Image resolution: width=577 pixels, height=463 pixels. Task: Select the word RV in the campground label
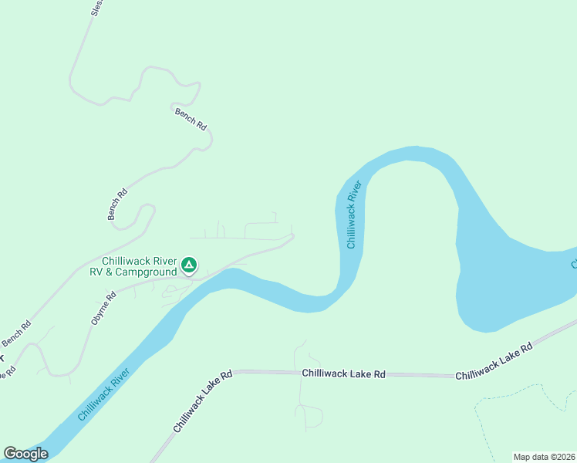pyautogui.click(x=97, y=272)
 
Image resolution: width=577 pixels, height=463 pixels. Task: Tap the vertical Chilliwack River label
pyautogui.click(x=353, y=215)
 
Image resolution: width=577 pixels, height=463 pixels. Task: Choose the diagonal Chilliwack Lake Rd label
pyautogui.click(x=202, y=401)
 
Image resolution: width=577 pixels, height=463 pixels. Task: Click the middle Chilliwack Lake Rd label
pyautogui.click(x=343, y=373)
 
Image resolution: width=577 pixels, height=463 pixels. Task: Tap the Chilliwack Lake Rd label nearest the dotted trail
pyautogui.click(x=494, y=362)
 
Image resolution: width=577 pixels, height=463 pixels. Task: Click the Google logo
pyautogui.click(x=25, y=454)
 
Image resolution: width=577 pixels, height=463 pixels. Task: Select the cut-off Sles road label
pyautogui.click(x=96, y=8)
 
